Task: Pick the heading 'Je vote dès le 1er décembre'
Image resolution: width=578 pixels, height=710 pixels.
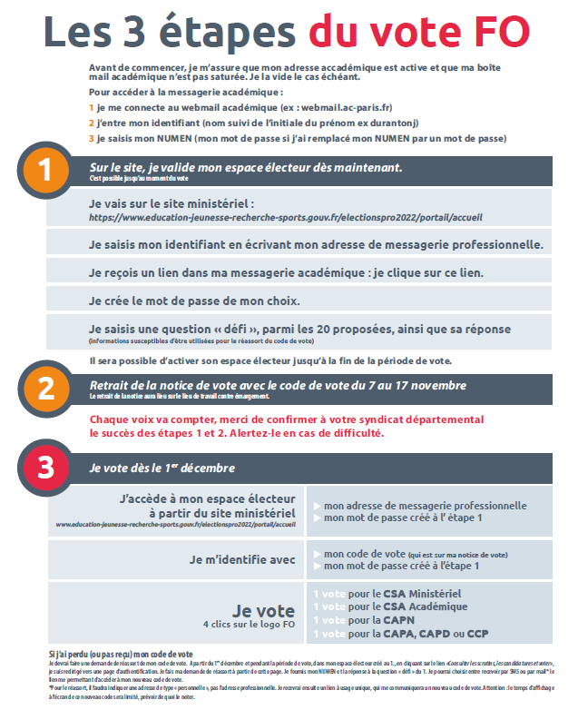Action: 162,468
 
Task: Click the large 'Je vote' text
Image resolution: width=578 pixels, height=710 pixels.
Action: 263,610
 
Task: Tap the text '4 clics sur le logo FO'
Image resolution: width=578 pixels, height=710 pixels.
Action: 249,626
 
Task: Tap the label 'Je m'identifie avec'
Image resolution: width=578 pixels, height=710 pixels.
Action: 242,559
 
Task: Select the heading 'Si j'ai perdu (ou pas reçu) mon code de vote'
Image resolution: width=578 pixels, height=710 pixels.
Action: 121,654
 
